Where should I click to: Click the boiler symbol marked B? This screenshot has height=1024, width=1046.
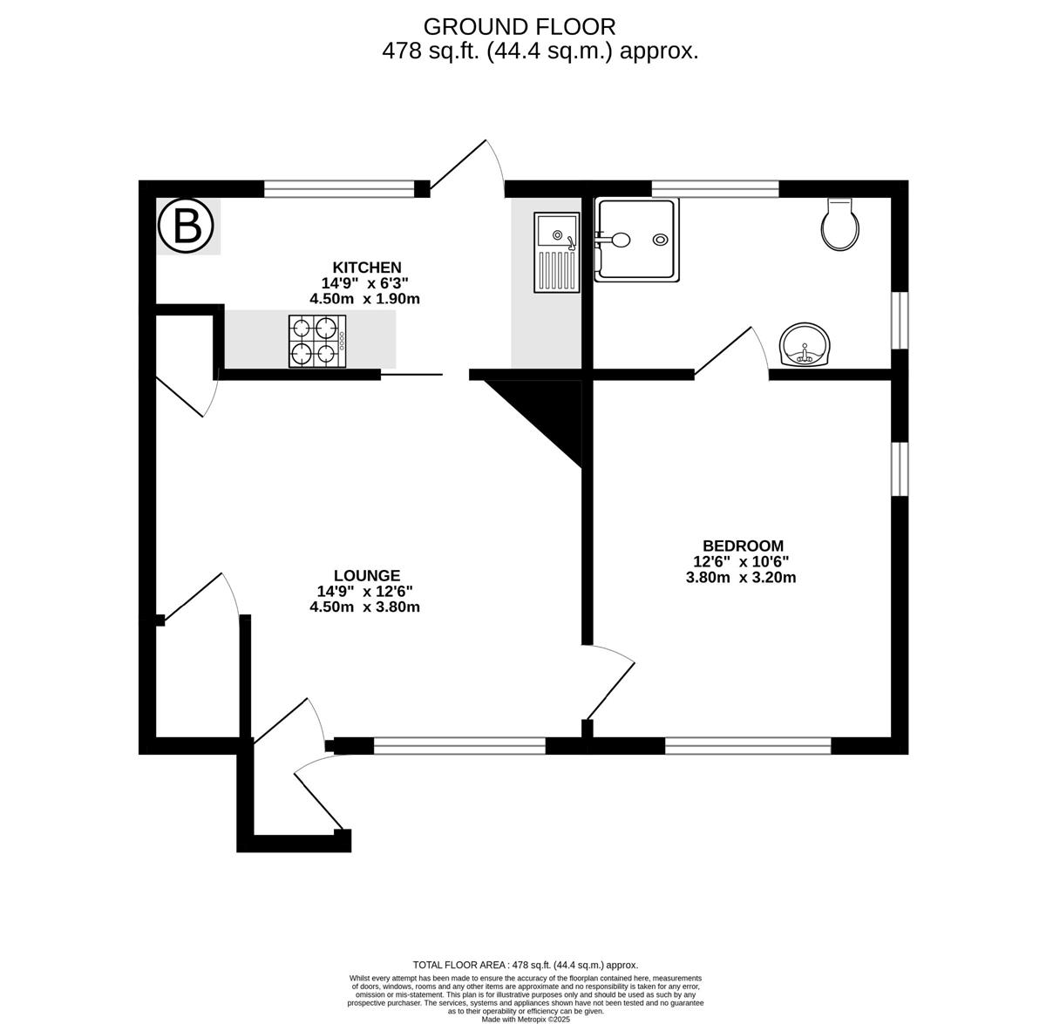pos(186,227)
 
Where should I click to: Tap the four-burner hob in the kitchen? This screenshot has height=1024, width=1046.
pos(317,342)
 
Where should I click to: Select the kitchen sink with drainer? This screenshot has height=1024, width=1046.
pos(556,253)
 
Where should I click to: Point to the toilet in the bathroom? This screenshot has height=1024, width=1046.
pos(839,224)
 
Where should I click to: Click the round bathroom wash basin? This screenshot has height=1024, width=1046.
pos(805,344)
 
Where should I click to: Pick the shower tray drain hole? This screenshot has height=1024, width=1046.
pos(661,240)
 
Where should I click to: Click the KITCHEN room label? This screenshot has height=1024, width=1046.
pos(367,268)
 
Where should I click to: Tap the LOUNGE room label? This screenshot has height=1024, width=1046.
pos(367,575)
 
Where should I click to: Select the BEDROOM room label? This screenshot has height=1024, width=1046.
pos(744,546)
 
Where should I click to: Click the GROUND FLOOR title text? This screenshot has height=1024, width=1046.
pos(520,27)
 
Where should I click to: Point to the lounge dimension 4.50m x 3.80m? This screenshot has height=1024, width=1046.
pos(364,607)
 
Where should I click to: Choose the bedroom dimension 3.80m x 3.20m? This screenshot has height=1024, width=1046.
pos(741,577)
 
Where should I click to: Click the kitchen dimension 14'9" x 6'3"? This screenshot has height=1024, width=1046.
pos(364,283)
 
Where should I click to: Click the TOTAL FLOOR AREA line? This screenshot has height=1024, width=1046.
pos(526,965)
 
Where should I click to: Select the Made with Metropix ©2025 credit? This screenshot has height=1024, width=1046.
pos(526,1020)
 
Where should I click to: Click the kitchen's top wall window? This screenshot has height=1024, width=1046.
pos(339,189)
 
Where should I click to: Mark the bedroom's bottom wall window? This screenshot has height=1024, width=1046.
pos(748,746)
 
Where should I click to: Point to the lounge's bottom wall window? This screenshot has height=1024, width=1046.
pos(459,746)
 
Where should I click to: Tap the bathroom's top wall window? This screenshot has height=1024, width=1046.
pos(715,189)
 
